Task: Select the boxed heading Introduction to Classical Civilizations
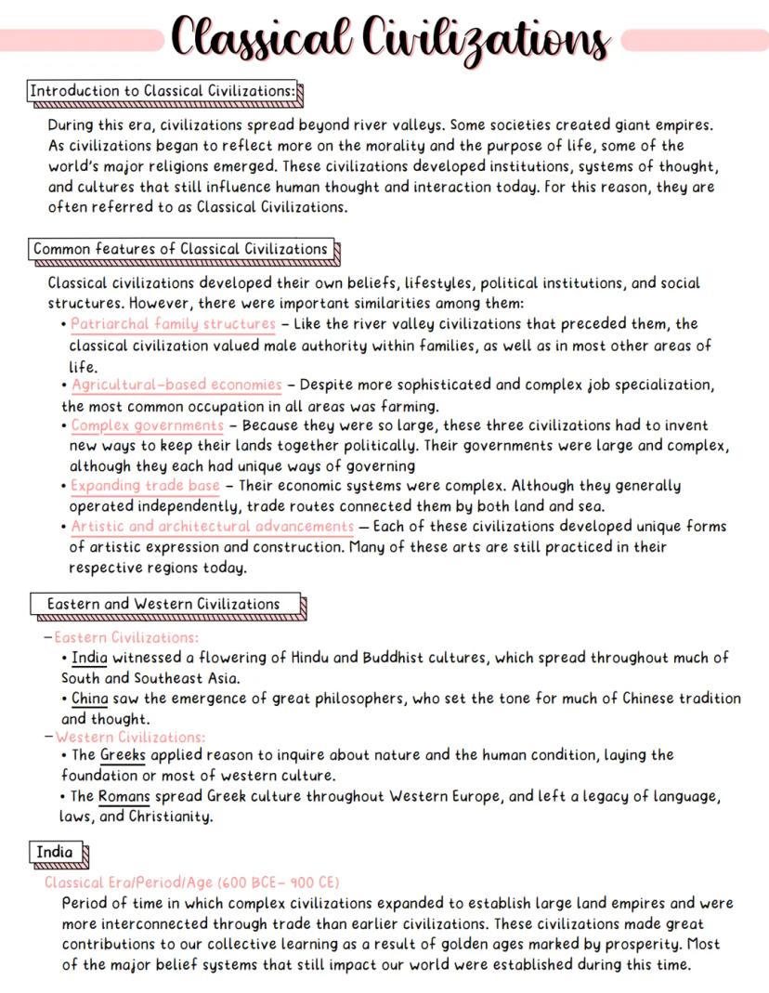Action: (163, 92)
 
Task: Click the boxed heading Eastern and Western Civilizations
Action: (164, 604)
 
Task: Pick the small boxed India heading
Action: (55, 852)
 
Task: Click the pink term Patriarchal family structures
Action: (174, 324)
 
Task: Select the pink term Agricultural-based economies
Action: (176, 385)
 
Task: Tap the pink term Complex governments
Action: (147, 425)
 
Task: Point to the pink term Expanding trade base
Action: (146, 486)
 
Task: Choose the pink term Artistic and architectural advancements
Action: (213, 527)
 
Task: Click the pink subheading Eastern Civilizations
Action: (126, 637)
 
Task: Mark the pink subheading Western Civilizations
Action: (130, 737)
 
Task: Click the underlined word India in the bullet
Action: (89, 658)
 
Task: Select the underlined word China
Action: (89, 698)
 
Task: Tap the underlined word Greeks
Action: (123, 755)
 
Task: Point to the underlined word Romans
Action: (124, 796)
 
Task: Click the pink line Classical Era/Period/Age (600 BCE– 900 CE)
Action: (192, 882)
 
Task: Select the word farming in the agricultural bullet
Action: (410, 405)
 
